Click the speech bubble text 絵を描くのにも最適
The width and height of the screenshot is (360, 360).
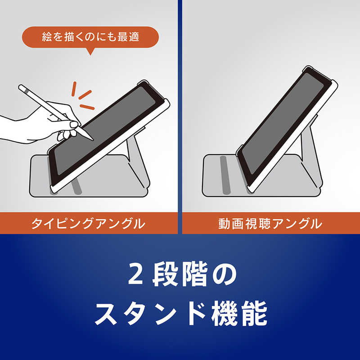90,37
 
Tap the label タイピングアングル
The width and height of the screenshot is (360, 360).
88,223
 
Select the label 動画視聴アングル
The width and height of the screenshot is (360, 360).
270,223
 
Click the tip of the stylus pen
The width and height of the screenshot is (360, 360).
93,140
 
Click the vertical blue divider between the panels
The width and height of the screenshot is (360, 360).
180,117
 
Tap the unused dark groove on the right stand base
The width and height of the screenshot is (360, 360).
225,175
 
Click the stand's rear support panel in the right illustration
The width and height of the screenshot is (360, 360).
310,152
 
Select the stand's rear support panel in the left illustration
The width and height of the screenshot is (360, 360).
137,158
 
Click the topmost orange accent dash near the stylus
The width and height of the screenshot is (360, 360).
74,89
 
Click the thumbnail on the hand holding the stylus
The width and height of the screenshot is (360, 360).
74,125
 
